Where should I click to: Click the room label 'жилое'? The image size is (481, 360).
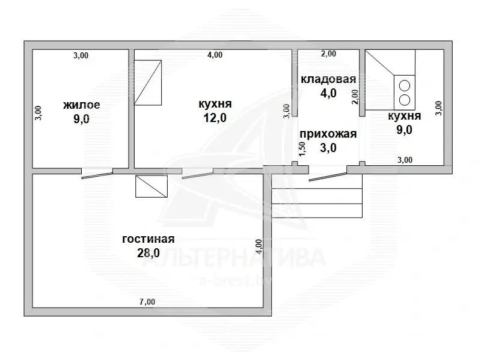coord(82,105)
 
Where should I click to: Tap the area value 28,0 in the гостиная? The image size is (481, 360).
coord(148,253)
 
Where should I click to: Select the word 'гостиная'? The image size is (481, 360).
coord(148,239)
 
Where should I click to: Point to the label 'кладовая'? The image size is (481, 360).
coord(328,79)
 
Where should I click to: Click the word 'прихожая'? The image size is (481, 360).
coord(328,134)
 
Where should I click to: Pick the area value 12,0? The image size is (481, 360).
coord(215,118)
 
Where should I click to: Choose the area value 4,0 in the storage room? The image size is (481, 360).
coord(328,93)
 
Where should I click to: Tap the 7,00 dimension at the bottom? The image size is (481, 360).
coord(147,302)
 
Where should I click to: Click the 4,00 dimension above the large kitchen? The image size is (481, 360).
coord(215,55)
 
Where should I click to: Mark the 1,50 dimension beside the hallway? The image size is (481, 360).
coord(302,148)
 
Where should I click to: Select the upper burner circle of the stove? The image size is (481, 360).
coord(405,86)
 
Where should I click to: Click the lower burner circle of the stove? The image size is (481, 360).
coord(405,100)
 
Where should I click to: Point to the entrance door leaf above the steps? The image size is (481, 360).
coord(328,177)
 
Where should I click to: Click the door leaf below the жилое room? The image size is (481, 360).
coord(97,175)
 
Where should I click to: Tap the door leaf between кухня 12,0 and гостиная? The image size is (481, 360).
coord(198,175)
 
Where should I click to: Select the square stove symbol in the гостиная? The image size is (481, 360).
coord(152,186)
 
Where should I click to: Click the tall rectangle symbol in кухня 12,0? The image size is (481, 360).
coord(148,82)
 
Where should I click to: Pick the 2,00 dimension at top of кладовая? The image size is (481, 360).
coord(328,53)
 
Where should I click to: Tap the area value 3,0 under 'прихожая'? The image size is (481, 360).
coord(328,148)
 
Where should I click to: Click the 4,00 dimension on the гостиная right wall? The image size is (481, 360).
coord(259,246)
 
